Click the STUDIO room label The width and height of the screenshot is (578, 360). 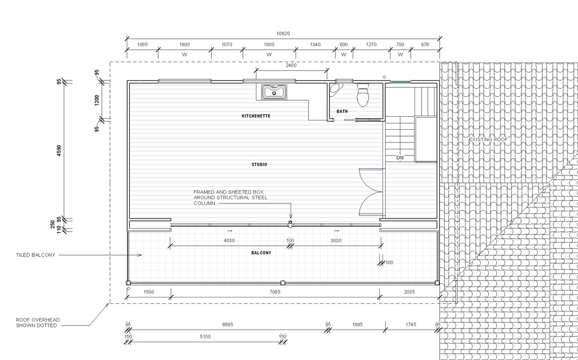(x=259, y=164)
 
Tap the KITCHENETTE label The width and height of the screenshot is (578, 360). (x=256, y=116)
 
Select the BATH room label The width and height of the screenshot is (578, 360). (x=342, y=111)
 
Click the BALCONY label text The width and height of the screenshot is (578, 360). (x=261, y=253)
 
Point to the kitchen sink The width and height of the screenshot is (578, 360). (x=274, y=92)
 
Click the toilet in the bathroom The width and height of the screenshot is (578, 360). (x=363, y=95)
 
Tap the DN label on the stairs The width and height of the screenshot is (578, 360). (x=400, y=158)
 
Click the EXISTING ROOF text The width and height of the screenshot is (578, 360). (x=488, y=139)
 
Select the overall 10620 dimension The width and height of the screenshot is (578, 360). (x=283, y=34)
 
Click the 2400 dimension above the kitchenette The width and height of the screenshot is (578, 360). (x=291, y=65)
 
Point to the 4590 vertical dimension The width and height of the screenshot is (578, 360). (x=59, y=150)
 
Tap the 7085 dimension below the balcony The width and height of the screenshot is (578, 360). (x=275, y=292)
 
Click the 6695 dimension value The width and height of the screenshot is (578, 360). (x=228, y=325)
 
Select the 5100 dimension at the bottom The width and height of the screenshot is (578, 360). (x=205, y=336)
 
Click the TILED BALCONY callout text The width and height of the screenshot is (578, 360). (x=35, y=255)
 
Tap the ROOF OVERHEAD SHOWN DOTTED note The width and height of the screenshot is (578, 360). (x=38, y=323)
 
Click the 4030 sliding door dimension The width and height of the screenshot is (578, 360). (x=229, y=241)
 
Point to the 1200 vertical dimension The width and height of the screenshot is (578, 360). (x=97, y=100)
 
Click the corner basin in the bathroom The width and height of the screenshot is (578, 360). (x=335, y=88)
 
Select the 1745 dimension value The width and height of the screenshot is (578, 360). (x=411, y=325)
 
